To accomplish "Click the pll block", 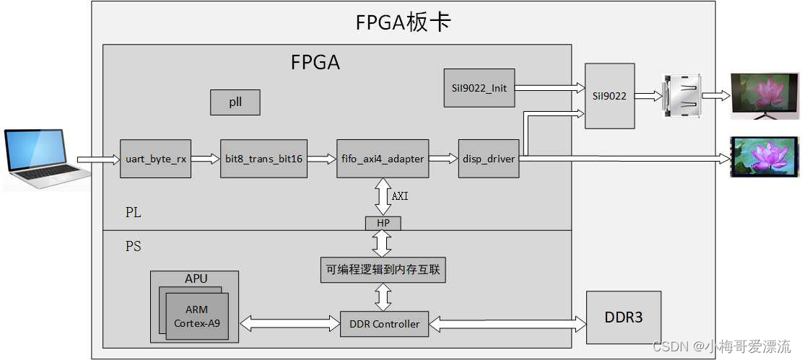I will [235, 102].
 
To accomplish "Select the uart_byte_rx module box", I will [155, 159].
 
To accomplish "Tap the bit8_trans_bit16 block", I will [263, 159].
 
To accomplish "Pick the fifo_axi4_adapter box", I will [383, 159].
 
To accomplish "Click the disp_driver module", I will [489, 159].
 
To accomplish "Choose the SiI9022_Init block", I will [479, 88].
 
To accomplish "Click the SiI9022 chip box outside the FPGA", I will [610, 96].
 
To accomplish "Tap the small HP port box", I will [383, 223].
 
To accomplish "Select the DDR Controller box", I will [384, 324].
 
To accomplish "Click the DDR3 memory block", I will [623, 317].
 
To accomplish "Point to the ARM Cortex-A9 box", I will [196, 317].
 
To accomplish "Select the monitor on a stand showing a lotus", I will [764, 95].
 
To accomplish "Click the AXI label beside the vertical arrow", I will [400, 196].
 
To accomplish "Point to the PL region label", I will [133, 213].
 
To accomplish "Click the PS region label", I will [133, 247].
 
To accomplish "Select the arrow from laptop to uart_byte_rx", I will [98, 159].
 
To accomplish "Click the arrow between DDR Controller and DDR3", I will [507, 324].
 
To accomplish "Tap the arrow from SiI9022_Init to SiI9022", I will [549, 88].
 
